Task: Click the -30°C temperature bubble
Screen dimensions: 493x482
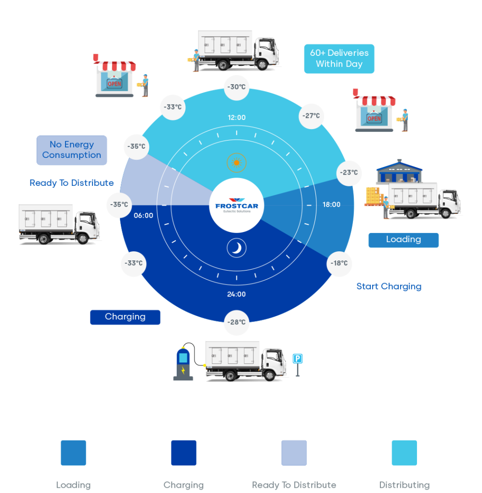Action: point(236,88)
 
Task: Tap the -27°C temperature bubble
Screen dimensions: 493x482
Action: point(311,116)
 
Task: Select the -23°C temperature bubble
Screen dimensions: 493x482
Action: point(349,173)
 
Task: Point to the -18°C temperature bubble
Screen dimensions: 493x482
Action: point(339,263)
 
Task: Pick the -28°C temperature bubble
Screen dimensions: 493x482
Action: point(236,322)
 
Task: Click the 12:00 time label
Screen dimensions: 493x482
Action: point(236,117)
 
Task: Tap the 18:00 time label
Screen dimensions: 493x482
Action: point(331,205)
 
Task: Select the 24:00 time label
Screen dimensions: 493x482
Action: point(236,294)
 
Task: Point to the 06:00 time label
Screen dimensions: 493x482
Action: point(143,216)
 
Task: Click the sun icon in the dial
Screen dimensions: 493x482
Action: point(236,163)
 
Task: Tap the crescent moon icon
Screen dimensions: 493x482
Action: point(236,248)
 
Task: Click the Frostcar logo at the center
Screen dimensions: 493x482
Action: point(236,205)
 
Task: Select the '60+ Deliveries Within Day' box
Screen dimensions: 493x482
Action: point(339,59)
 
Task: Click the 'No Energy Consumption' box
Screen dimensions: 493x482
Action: point(72,150)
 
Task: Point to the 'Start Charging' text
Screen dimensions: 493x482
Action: point(389,286)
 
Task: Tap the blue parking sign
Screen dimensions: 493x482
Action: point(298,359)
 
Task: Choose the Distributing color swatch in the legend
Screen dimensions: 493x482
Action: point(404,453)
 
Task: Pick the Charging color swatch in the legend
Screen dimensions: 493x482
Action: point(183,453)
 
